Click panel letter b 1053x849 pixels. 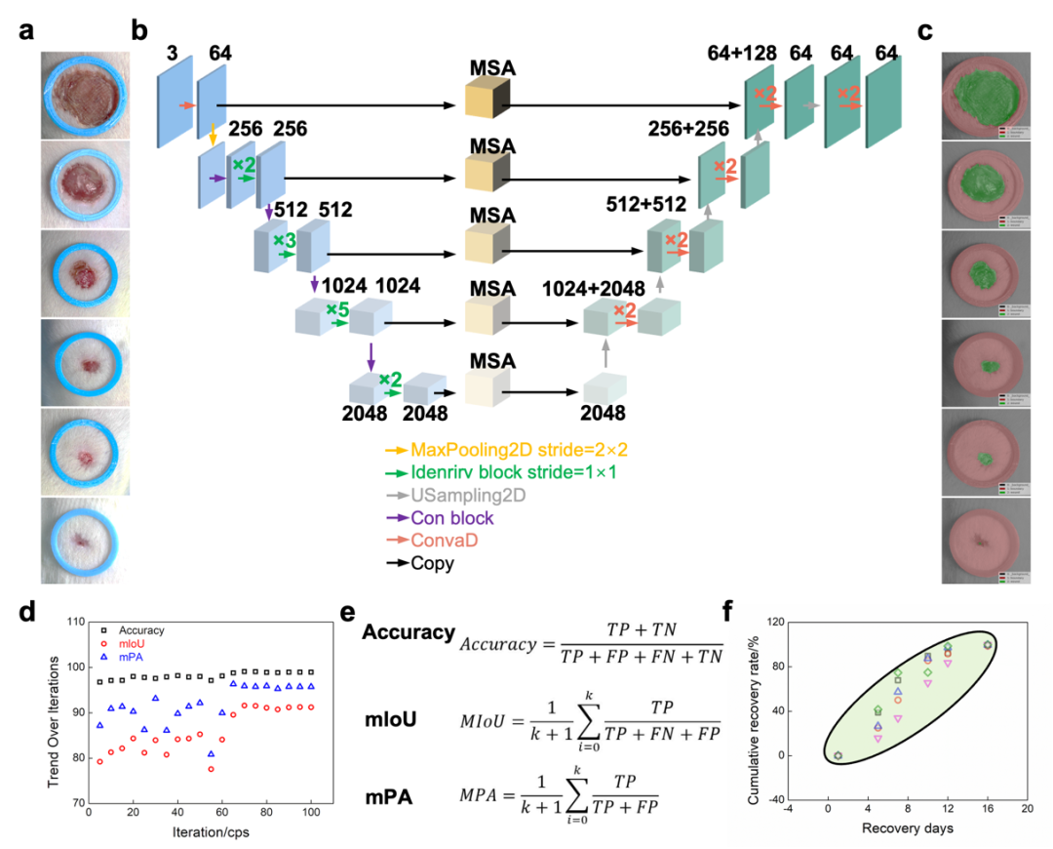pos(139,31)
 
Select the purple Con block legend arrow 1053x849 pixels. pos(396,518)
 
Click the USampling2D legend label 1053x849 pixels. pos(469,496)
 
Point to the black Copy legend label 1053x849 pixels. pos(433,563)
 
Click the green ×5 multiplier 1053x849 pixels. pos(337,309)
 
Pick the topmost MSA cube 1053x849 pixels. pos(489,101)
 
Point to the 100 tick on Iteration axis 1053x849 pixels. pos(310,813)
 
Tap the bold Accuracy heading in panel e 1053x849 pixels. pos(408,633)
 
